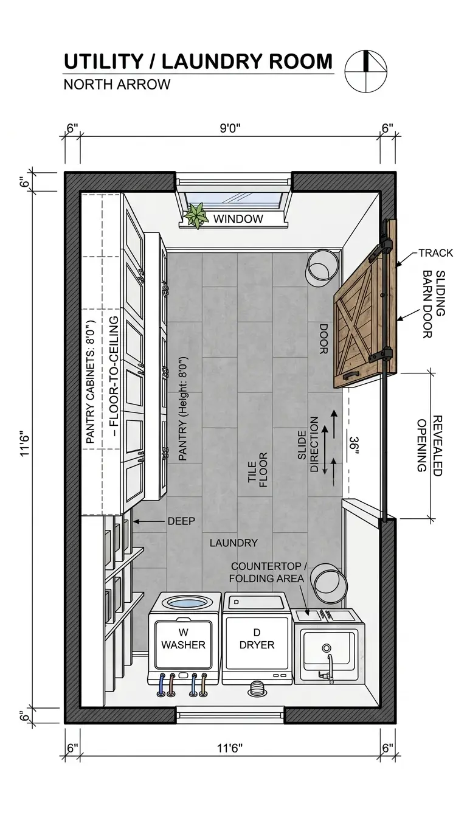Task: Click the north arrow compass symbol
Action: pos(365,71)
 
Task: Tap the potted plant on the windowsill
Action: pos(196,215)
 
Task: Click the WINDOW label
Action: pos(238,219)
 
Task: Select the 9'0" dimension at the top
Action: pos(230,128)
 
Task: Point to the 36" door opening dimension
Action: pos(354,445)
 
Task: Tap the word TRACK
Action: pos(435,253)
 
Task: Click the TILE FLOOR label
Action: pos(258,470)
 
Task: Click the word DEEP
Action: pos(181,521)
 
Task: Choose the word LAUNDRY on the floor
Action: pos(233,543)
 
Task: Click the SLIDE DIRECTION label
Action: pos(308,445)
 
